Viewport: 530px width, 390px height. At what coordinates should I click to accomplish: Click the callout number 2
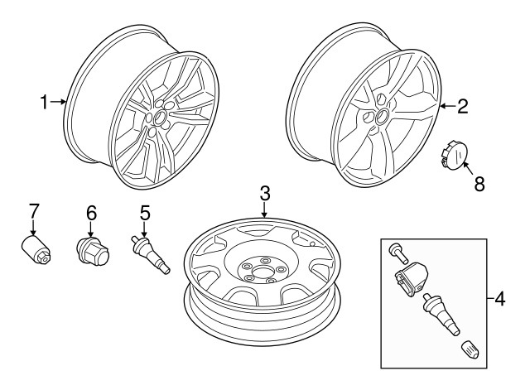coord(462,105)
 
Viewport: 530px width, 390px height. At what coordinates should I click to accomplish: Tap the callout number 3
coord(264,194)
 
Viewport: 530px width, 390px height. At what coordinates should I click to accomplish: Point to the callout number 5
coord(144,213)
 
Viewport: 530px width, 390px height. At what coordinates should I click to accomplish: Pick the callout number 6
coord(91,213)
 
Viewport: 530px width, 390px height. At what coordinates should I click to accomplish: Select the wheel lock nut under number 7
coord(35,249)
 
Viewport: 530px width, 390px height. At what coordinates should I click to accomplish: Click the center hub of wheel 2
coord(380,117)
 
